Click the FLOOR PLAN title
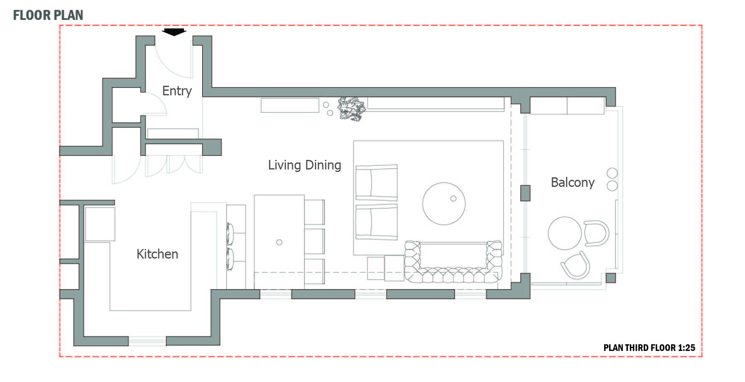(48, 15)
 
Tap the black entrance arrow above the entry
(174, 32)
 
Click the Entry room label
(177, 91)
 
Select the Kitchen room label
(157, 254)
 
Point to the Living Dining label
(305, 165)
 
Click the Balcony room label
(573, 182)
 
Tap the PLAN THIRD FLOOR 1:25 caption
(649, 348)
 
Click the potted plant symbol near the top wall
(352, 109)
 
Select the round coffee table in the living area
(444, 204)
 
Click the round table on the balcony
(565, 233)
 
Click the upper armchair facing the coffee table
(376, 183)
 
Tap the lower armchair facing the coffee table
(376, 222)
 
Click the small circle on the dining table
(279, 242)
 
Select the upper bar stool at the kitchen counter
(230, 234)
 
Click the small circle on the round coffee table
(453, 198)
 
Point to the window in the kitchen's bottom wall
(147, 341)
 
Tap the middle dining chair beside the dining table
(314, 241)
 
